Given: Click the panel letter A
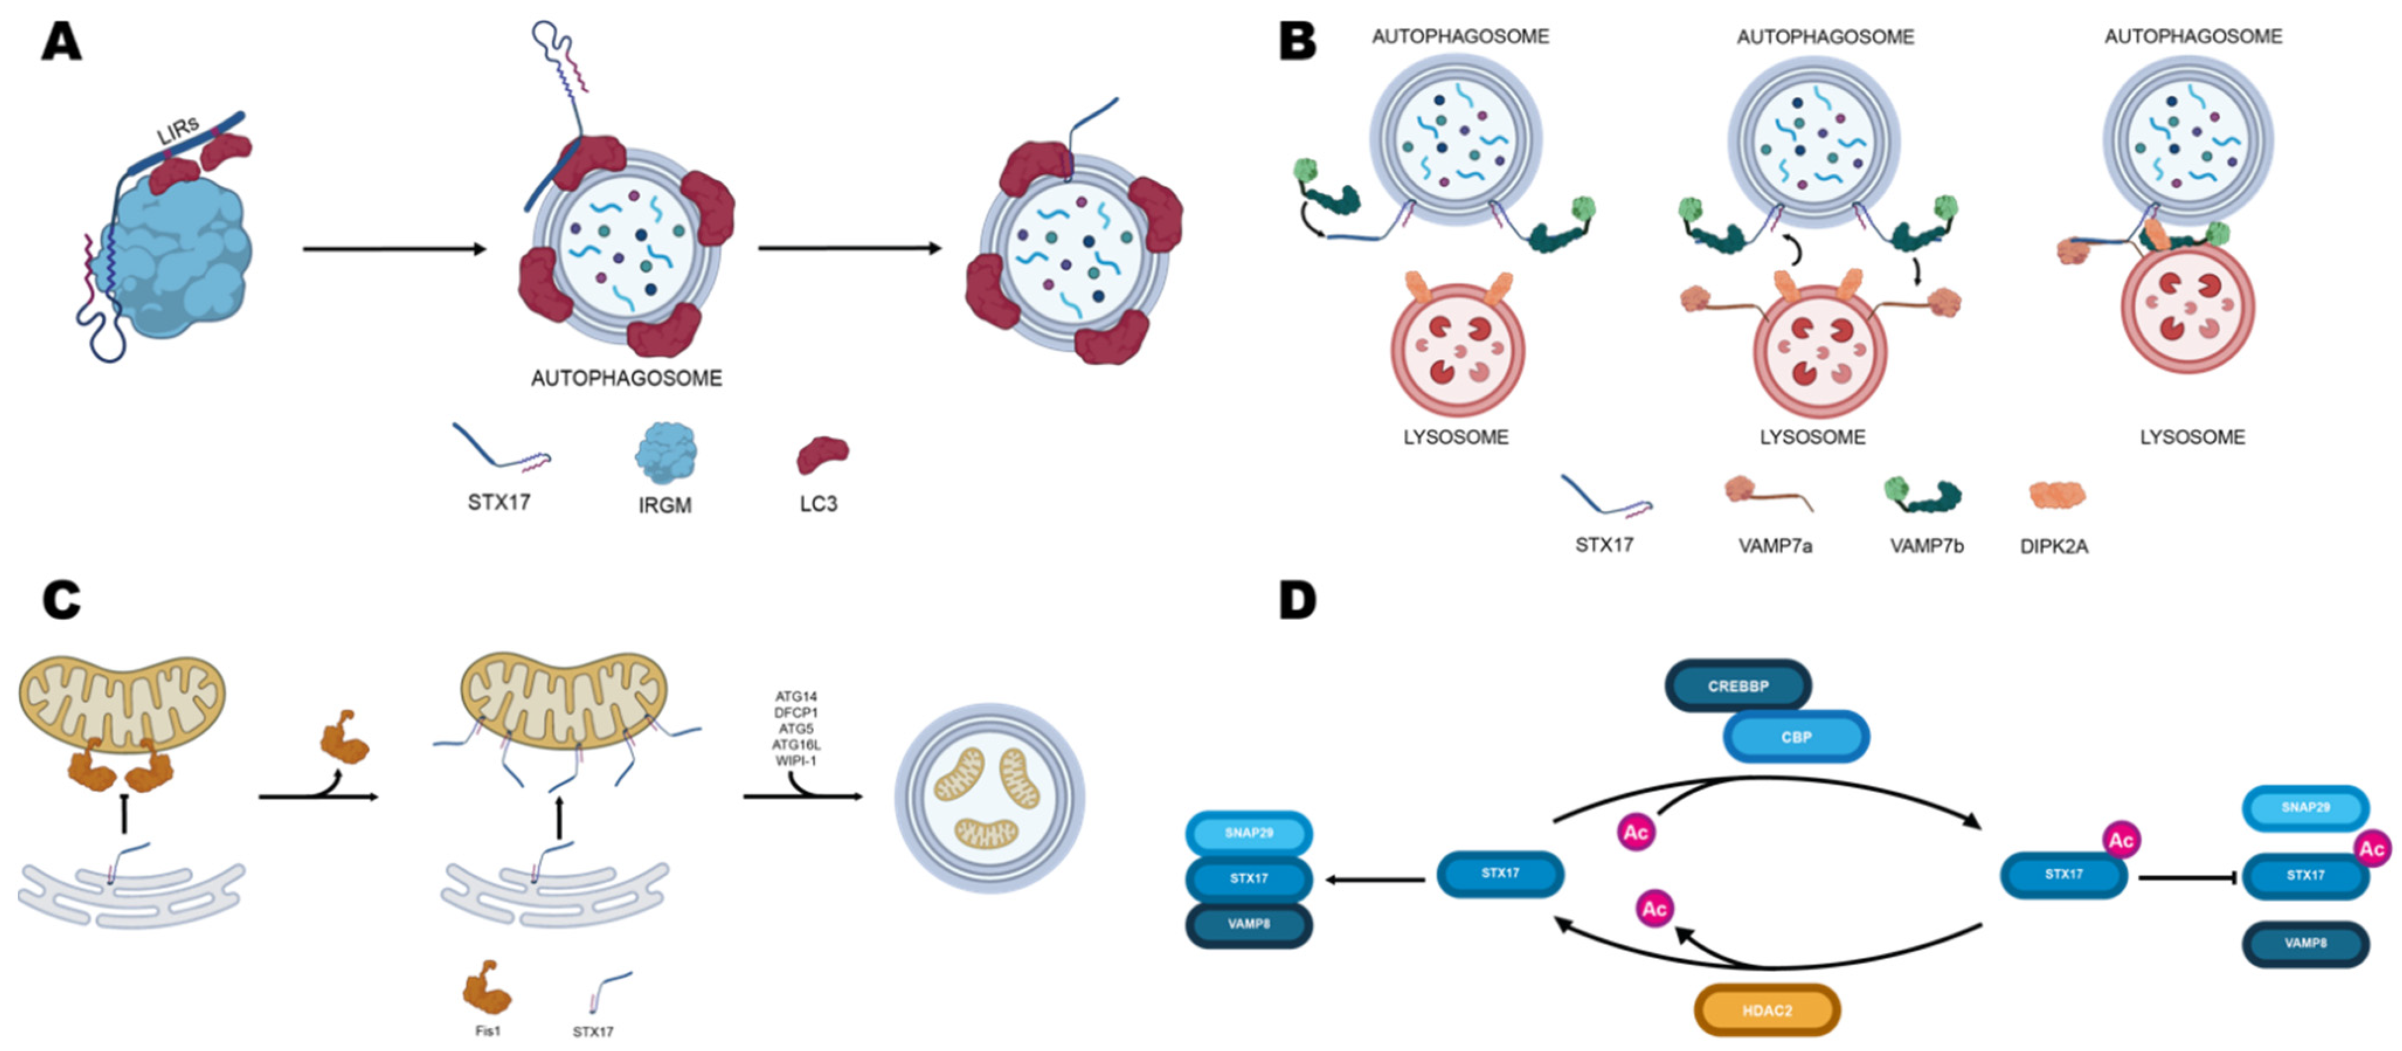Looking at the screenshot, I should coord(61,42).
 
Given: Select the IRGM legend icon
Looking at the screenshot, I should coord(665,453).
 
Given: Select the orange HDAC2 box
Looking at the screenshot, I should coord(1766,1010).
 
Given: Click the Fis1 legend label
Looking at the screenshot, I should coord(487,1031).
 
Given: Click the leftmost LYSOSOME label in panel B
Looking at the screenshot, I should coord(1456,437).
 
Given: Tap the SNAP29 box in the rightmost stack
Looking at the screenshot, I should coord(2305,807).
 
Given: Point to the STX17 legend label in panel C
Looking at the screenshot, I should coord(593,1031).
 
